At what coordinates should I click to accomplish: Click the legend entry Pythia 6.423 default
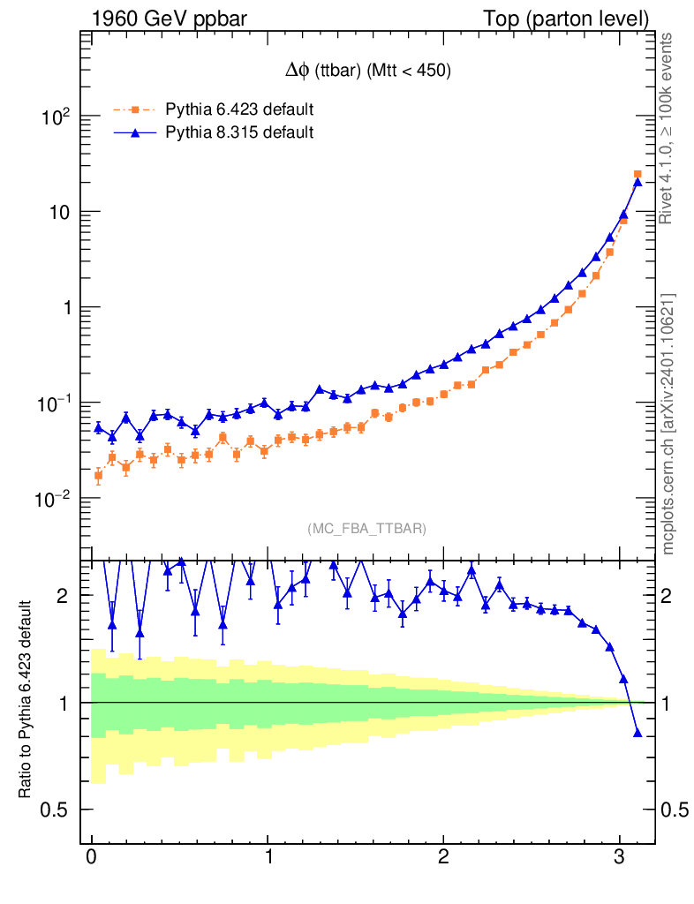click(x=239, y=109)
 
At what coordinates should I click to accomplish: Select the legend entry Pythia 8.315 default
click(x=239, y=132)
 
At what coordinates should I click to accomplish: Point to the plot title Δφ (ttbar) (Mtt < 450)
click(x=364, y=73)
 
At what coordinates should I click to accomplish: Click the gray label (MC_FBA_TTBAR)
click(x=367, y=529)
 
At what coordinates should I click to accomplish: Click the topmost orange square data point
click(x=637, y=175)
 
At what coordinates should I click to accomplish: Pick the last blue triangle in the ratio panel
click(x=637, y=733)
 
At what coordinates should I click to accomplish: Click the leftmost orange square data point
click(x=98, y=475)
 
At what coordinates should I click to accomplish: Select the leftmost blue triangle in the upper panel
click(x=98, y=427)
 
